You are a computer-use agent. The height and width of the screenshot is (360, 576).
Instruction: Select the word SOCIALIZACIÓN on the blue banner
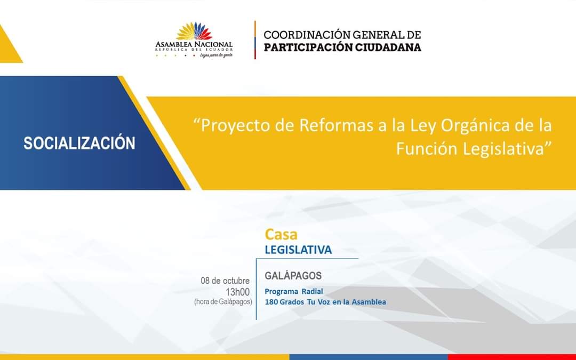pos(79,143)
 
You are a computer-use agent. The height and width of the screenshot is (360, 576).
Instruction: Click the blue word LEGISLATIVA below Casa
pos(298,250)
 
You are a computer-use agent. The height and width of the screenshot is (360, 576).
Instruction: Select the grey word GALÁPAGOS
pos(293,276)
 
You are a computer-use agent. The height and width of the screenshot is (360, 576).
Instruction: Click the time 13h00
pos(238,291)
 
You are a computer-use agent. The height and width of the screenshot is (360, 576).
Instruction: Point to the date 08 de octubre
pos(225,281)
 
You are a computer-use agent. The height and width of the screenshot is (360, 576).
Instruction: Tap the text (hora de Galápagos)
pos(223,302)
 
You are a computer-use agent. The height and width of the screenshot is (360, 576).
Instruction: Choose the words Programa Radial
pos(294,291)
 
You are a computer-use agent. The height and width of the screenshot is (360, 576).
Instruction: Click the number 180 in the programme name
pos(271,302)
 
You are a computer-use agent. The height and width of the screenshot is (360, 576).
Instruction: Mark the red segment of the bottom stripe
pos(511,357)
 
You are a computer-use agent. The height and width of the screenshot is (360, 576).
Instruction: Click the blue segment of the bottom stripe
pos(368,357)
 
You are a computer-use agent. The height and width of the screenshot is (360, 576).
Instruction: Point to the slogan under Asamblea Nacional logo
pos(216,55)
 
